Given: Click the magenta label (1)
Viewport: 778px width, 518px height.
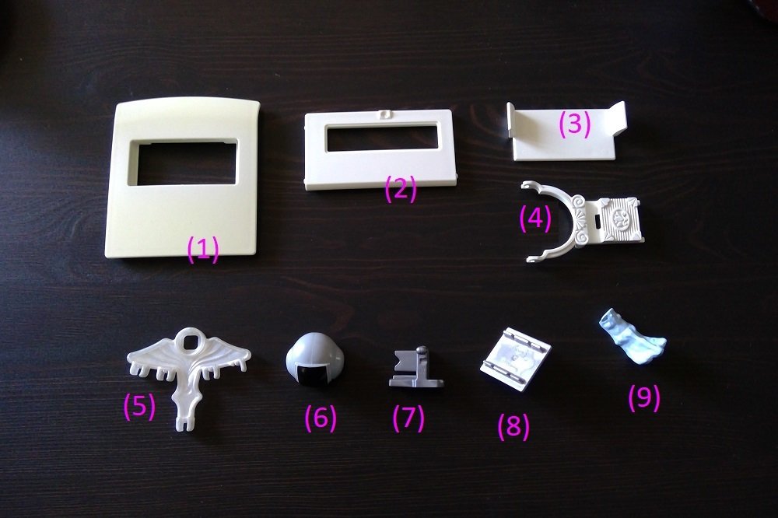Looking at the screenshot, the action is point(203,249).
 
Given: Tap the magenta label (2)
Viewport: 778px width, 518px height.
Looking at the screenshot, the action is point(401,189).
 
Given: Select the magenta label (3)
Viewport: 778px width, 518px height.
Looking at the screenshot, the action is point(575,123).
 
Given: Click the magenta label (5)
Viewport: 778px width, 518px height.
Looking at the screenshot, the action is point(139,406).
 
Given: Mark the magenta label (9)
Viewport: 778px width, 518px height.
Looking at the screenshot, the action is point(644,397).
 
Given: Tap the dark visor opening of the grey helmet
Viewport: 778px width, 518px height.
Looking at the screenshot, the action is point(314,375).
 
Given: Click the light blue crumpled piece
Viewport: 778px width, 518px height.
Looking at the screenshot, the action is point(630,337).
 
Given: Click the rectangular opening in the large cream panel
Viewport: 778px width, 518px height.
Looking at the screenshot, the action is point(183,162).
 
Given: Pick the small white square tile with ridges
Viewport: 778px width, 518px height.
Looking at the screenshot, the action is point(516,358).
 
